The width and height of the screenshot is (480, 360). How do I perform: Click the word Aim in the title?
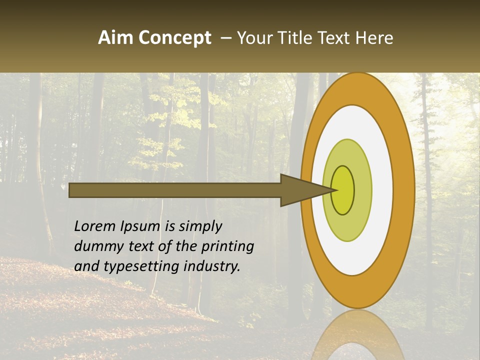115,38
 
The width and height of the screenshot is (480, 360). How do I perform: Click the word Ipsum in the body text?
141,226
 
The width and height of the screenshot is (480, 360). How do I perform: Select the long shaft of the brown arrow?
175,190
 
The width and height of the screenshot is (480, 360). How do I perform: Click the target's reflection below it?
358,335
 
